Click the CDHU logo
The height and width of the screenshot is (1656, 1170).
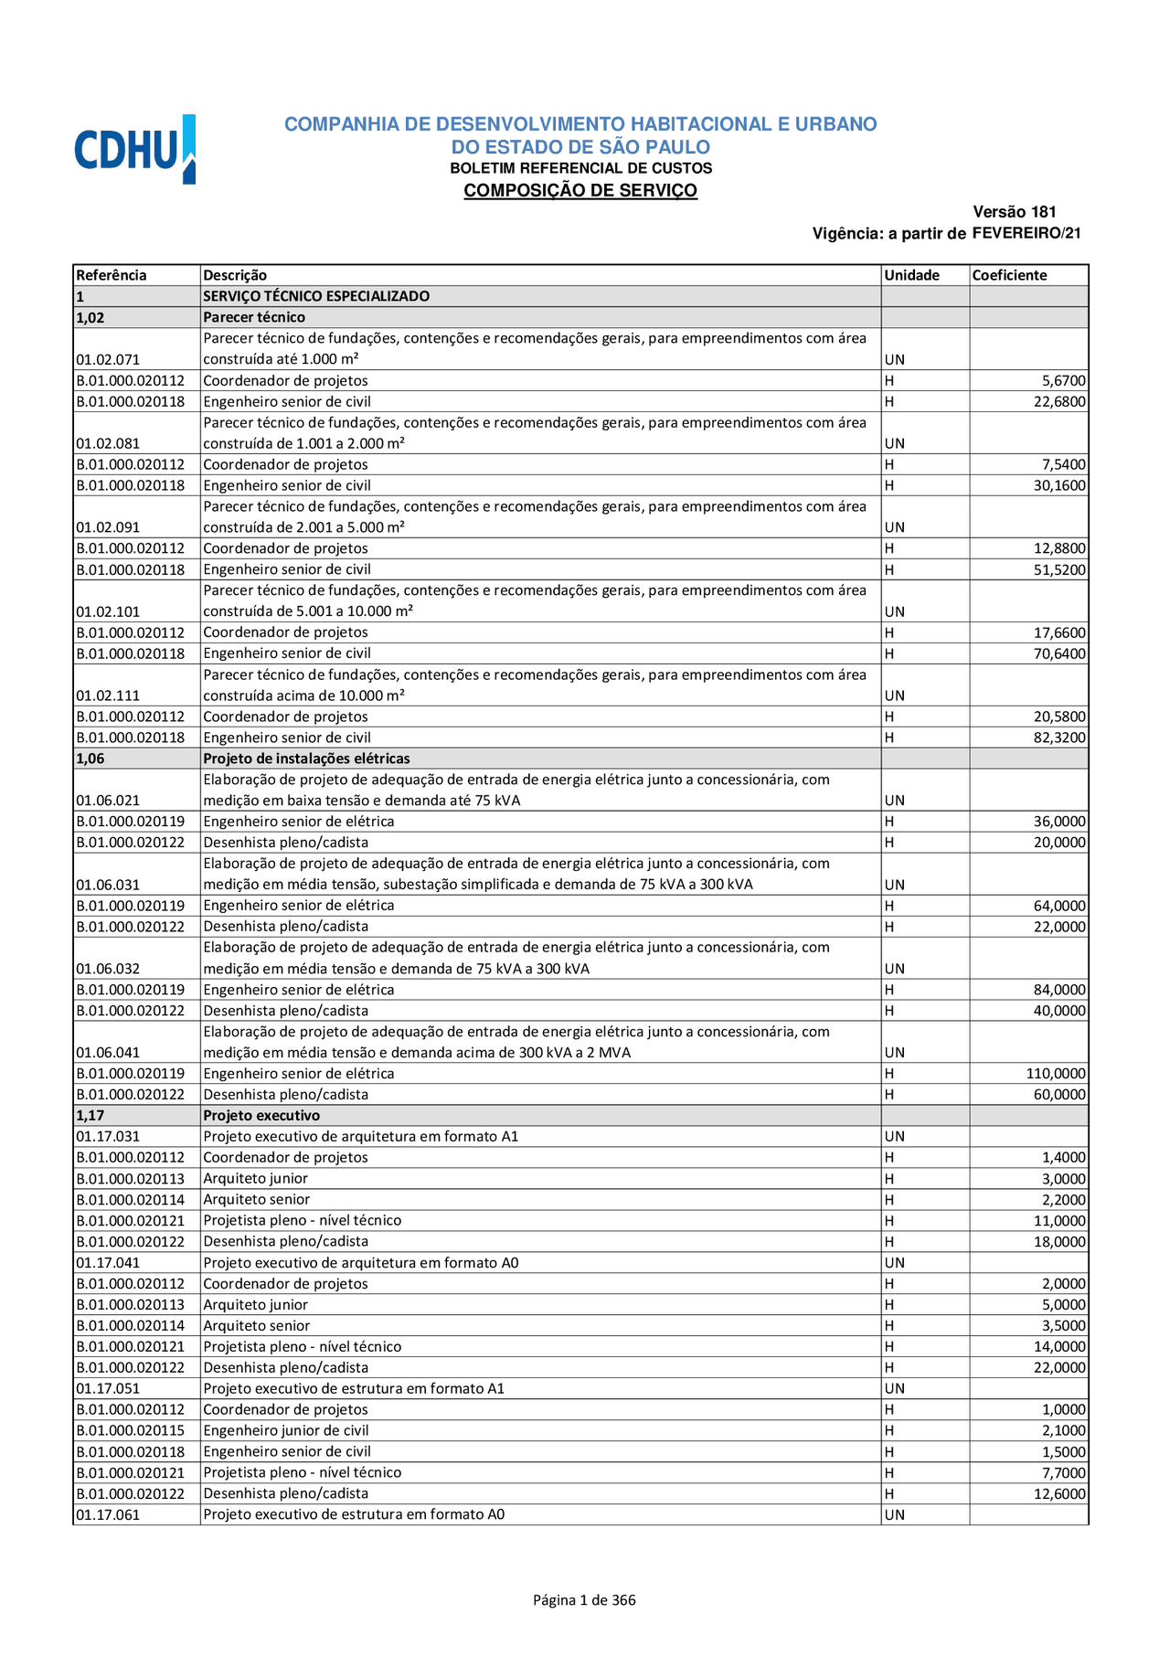pos(134,149)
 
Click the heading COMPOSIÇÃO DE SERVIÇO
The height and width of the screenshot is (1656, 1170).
pos(580,190)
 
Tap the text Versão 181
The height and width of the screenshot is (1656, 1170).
pos(1015,212)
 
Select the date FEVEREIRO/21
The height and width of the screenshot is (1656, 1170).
pos(1026,233)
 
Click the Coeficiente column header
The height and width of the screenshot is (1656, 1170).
pos(1009,275)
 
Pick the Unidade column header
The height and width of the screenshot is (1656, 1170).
pos(911,275)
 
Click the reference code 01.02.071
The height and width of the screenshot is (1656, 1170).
pos(108,359)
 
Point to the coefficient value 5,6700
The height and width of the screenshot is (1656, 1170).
pos(1064,380)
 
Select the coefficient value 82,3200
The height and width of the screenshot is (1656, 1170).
pos(1059,738)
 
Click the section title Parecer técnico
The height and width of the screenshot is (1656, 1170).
pos(254,317)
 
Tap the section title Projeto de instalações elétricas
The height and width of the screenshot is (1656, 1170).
pos(306,759)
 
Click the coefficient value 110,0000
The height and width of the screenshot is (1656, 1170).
pos(1056,1074)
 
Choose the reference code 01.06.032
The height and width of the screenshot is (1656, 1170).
pos(108,969)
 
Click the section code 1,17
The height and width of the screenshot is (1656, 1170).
pos(90,1116)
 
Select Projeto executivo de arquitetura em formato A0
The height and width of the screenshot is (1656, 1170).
pos(360,1263)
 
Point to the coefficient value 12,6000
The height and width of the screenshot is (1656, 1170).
pos(1059,1493)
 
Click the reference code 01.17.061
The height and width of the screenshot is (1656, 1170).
pos(108,1514)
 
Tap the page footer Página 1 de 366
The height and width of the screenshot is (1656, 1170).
pos(584,1599)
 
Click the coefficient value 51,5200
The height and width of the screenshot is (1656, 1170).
pos(1059,569)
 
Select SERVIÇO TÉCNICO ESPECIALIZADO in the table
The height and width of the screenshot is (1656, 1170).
pos(316,296)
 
